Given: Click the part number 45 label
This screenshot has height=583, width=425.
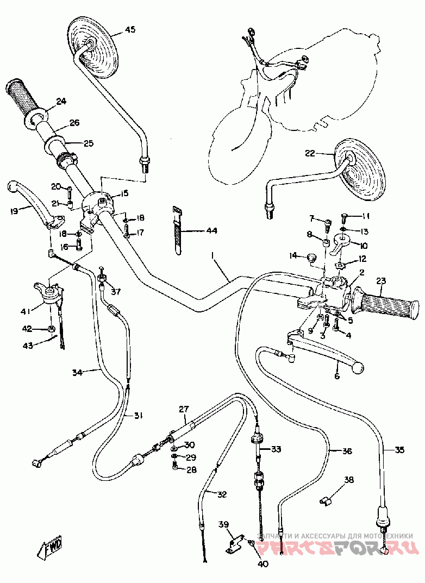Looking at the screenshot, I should (130, 29).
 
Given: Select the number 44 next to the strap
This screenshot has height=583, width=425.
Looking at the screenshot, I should (211, 231).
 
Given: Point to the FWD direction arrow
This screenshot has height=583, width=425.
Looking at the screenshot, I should (50, 547).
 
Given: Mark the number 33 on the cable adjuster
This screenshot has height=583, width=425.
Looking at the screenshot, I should (277, 449).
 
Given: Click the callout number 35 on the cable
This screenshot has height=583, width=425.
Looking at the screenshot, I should (399, 449).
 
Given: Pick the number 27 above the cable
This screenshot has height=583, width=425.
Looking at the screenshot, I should (183, 409).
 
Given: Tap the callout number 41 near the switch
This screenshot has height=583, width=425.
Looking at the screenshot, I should (25, 311).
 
